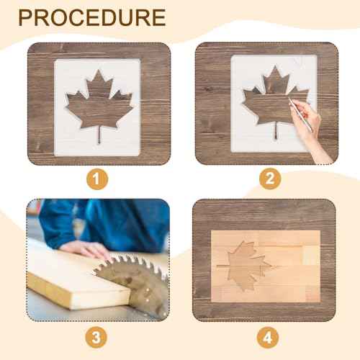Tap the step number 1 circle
(98, 178)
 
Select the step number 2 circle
(269, 178)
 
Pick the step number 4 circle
(269, 336)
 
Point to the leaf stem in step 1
(99, 135)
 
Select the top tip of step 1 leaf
(99, 71)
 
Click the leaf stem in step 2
(275, 132)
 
